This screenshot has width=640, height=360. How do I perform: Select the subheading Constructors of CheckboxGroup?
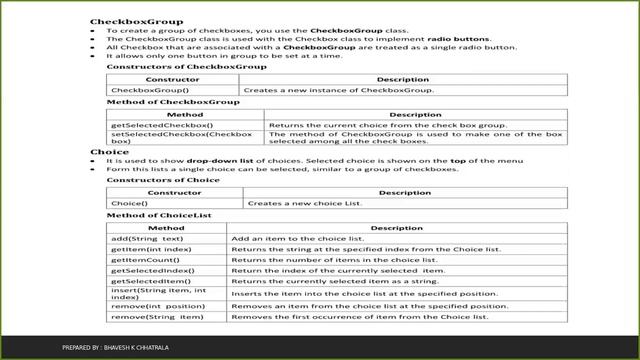pos(165,66)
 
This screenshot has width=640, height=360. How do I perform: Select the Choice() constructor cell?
pos(127,203)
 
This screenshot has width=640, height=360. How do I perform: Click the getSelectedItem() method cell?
pos(145,284)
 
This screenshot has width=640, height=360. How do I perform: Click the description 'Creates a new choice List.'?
pos(296,203)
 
